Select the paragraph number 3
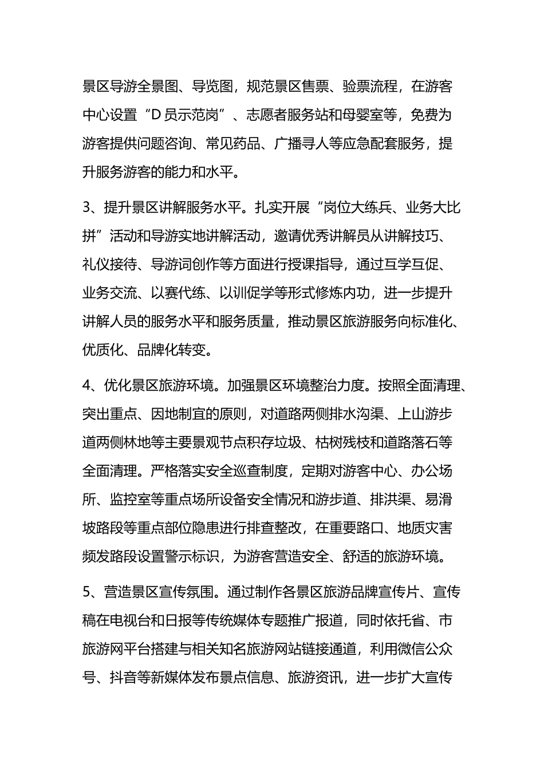click(86, 207)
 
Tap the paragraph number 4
click(87, 385)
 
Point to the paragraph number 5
click(86, 592)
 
